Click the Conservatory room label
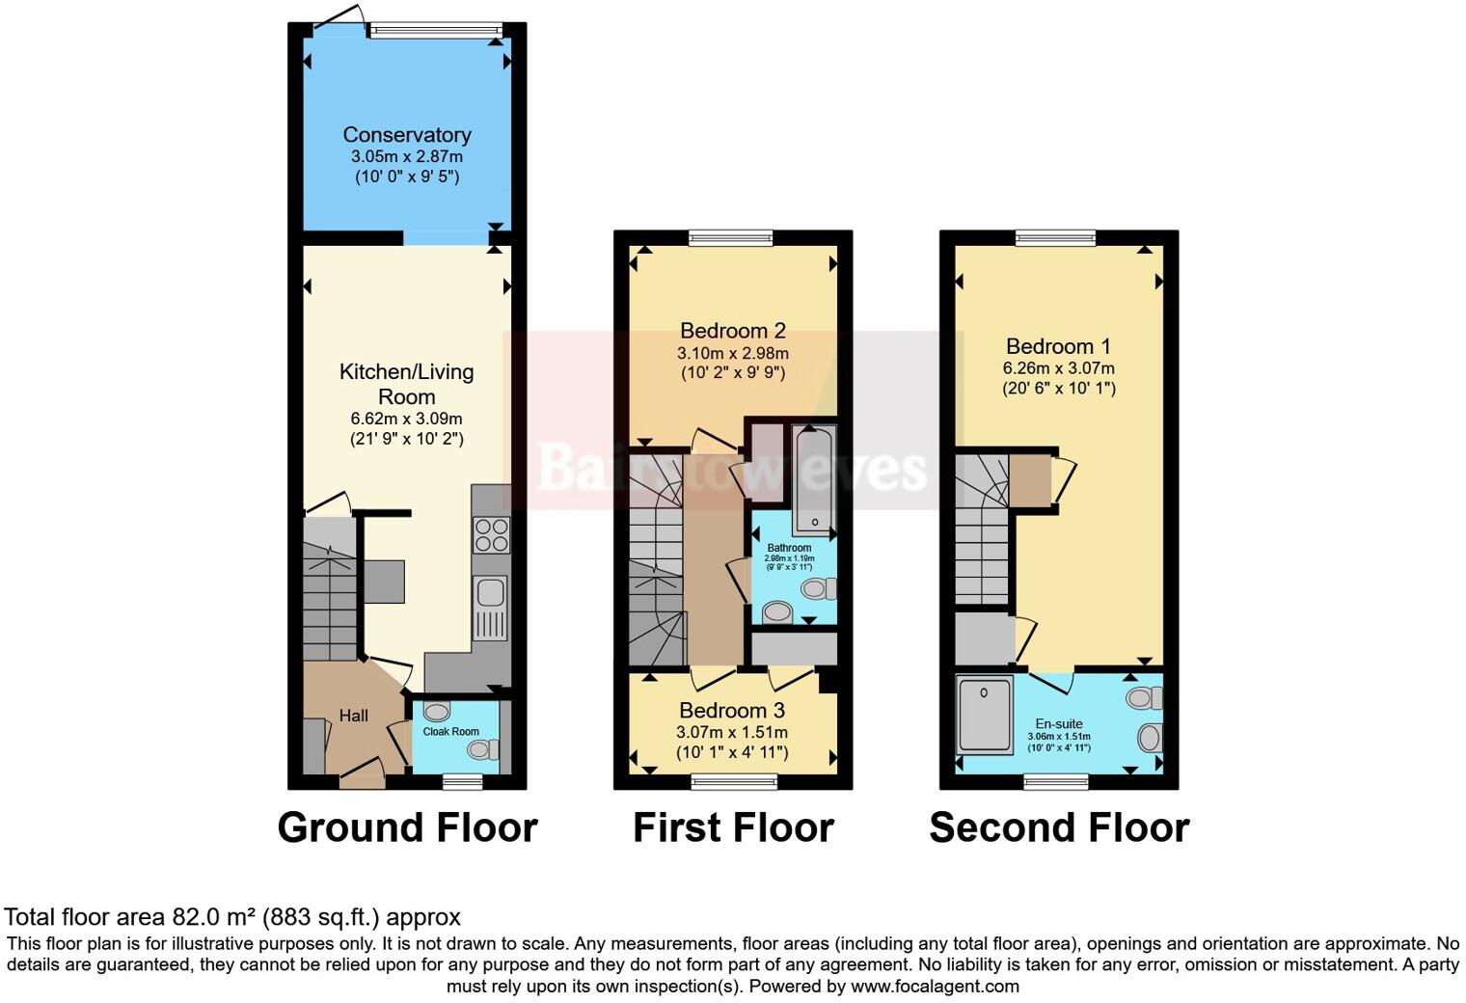406,135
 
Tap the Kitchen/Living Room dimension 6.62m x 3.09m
406,419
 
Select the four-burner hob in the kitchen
491,535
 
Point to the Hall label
353,716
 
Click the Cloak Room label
450,731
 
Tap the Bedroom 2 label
732,331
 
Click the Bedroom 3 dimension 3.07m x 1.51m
732,733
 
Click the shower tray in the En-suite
985,715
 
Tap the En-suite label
1059,723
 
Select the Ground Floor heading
407,827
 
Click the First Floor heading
733,827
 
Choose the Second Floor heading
1059,827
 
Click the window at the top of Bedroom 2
731,236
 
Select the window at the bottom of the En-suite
1056,780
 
